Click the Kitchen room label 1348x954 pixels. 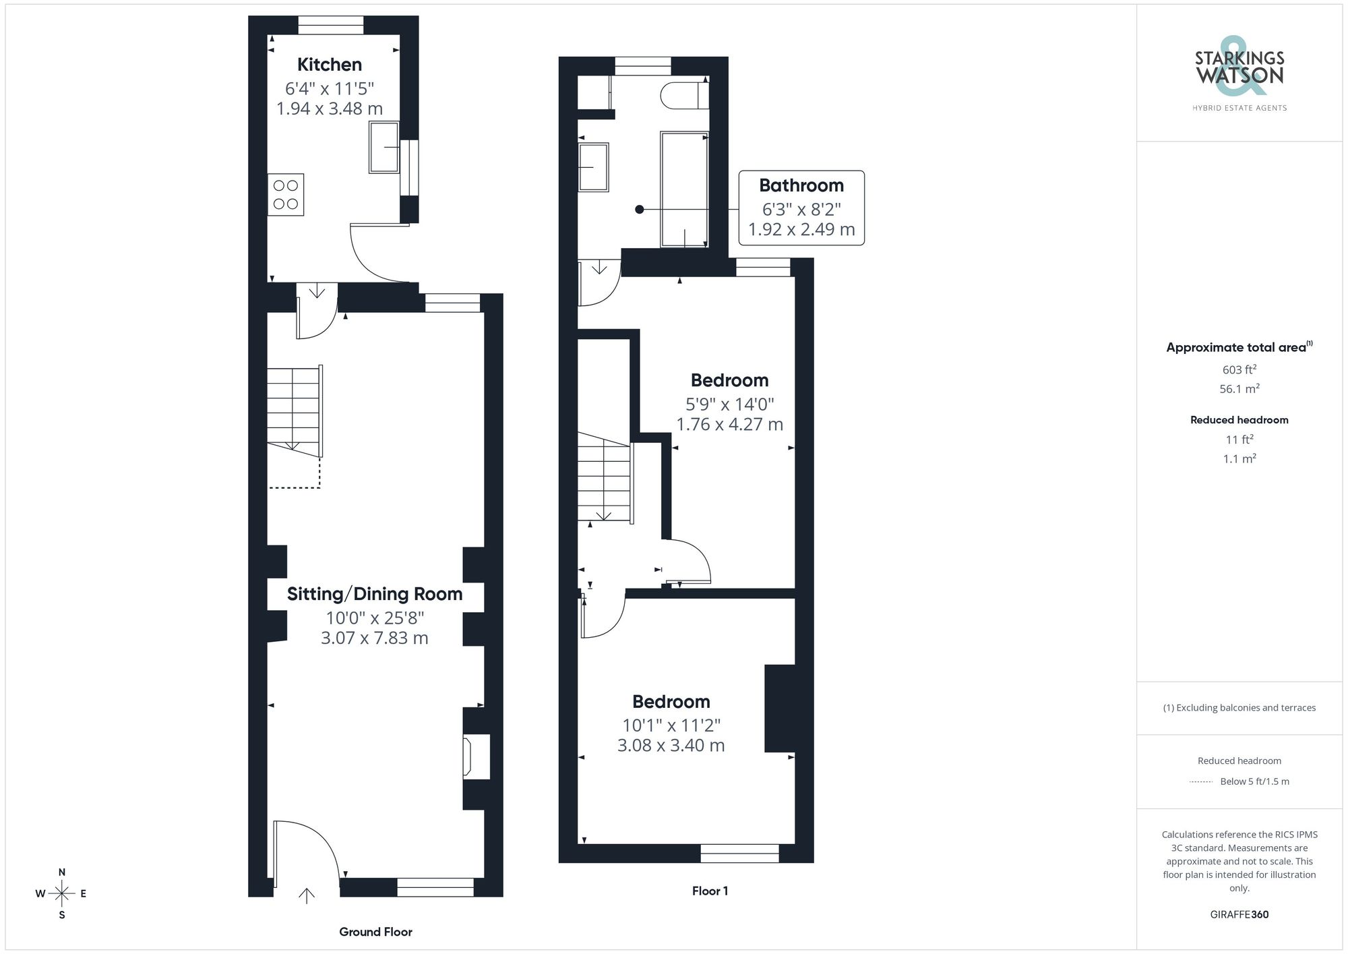330,65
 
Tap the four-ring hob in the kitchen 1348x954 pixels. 286,195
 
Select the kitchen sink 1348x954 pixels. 384,147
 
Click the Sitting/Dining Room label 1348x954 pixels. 375,594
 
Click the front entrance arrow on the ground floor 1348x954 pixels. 307,896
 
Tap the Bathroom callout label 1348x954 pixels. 801,185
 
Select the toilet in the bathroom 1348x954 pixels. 685,95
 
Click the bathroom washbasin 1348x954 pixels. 593,167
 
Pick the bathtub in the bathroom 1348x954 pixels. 685,189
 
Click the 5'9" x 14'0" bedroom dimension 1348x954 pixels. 730,405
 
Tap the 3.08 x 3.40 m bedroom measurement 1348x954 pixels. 671,746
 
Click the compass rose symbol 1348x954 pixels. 62,894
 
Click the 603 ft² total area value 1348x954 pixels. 1239,369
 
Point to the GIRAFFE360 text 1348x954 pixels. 1239,915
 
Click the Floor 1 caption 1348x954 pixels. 710,891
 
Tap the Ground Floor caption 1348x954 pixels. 375,932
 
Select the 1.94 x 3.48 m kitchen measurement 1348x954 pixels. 330,109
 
